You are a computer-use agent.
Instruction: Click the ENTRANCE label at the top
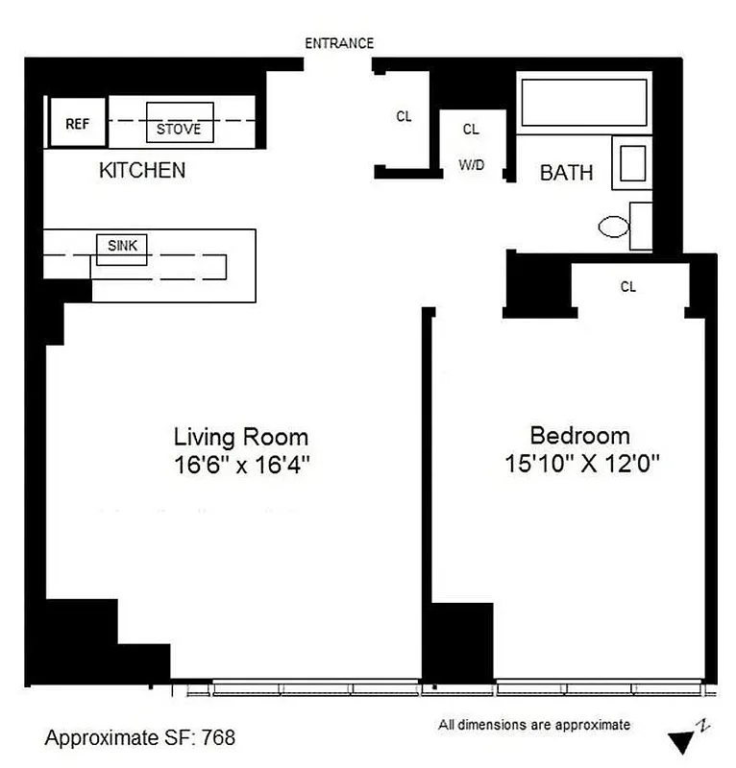[338, 43]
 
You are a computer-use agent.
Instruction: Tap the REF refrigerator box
[77, 124]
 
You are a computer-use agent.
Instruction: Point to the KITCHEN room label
[142, 171]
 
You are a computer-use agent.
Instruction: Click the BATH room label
[566, 174]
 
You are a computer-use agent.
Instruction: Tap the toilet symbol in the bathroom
[615, 228]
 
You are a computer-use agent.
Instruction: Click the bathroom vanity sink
[632, 164]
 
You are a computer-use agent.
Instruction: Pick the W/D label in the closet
[471, 165]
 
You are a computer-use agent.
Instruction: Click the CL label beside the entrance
[404, 117]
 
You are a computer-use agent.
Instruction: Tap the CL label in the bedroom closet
[628, 286]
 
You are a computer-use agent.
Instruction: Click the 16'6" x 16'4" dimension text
[240, 465]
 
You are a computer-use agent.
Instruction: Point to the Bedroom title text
[580, 436]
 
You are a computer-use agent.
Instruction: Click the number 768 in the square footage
[214, 737]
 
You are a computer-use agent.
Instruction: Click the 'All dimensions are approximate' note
[534, 725]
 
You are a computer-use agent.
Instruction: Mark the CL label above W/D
[471, 129]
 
